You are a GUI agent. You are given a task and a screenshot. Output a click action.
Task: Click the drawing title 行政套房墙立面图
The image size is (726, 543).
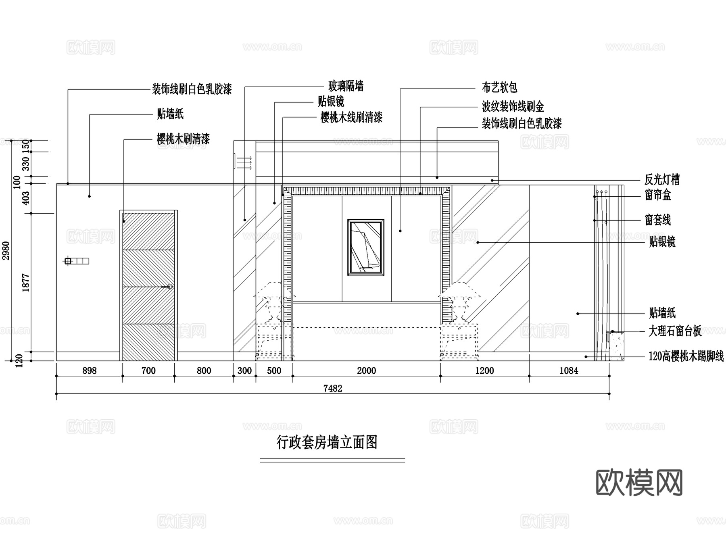click(327, 443)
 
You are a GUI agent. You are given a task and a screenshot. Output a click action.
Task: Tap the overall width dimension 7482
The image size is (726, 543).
click(333, 388)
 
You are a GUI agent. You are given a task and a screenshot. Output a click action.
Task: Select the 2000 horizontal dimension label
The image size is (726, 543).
click(366, 371)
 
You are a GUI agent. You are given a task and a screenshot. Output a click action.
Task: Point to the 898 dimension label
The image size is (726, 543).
click(89, 371)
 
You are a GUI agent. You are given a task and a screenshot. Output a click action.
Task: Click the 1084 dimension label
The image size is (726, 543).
click(569, 371)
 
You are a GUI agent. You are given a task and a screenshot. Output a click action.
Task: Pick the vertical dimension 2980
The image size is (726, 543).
click(6, 251)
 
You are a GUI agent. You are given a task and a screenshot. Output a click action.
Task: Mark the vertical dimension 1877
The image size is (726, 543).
click(26, 283)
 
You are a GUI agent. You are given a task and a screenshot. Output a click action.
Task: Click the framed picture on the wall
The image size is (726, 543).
click(366, 248)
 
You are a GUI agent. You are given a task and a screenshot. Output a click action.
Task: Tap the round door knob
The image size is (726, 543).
click(170, 287)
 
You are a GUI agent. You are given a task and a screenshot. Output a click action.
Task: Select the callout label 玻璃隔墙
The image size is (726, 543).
click(346, 86)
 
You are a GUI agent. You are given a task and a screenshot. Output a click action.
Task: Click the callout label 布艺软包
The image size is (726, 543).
click(499, 87)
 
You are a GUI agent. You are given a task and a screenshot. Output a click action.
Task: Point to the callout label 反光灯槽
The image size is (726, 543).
click(662, 179)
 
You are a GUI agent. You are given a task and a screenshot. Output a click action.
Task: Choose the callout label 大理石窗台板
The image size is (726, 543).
click(675, 331)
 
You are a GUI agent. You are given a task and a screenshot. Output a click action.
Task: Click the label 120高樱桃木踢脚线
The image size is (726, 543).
click(686, 356)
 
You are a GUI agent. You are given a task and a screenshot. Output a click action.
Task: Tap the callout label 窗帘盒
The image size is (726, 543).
click(658, 196)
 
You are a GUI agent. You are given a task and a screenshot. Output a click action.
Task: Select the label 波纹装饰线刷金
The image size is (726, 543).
click(513, 107)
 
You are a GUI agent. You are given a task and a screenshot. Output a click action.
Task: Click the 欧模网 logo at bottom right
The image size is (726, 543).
click(639, 483)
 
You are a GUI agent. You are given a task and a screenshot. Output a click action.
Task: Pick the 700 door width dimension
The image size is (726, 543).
click(148, 371)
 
